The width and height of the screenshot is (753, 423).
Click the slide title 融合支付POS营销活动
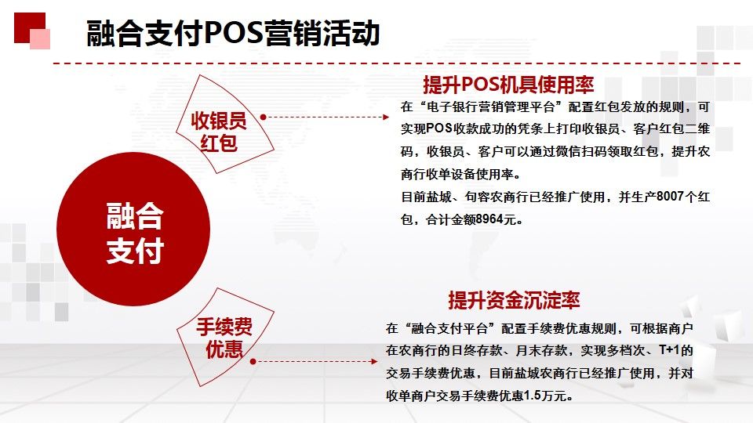click(234, 33)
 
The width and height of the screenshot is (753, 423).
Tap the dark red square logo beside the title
click(30, 28)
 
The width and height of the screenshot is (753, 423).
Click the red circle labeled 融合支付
click(133, 229)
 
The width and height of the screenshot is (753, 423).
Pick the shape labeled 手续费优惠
click(225, 337)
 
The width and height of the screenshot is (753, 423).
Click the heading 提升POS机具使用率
click(508, 85)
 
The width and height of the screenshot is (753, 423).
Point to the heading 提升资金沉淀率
click(515, 300)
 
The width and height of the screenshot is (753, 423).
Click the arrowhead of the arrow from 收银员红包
click(386, 117)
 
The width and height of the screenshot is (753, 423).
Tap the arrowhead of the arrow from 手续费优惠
click(375, 362)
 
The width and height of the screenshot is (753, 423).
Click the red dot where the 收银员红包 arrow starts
click(264, 117)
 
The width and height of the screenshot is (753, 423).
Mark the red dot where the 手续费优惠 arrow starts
click(253, 362)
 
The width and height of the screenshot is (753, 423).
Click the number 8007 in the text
click(670, 197)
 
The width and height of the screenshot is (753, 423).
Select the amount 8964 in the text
click(489, 219)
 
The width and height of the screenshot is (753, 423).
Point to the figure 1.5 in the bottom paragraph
click(533, 396)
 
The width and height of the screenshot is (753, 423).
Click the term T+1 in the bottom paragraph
click(669, 351)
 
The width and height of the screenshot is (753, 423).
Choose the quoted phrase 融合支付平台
click(450, 328)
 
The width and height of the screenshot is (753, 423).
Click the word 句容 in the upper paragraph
click(478, 197)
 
